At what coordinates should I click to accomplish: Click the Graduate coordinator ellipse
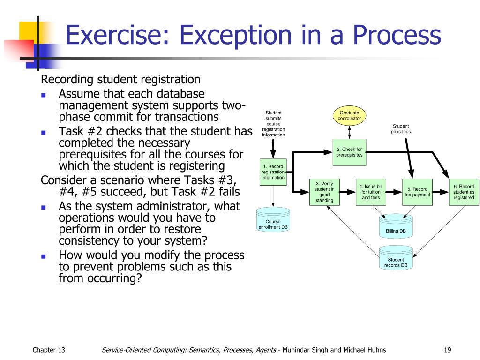(349, 116)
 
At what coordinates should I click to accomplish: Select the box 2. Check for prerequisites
(349, 152)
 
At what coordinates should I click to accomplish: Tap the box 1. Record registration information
(273, 172)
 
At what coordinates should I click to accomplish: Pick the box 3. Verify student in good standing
(324, 192)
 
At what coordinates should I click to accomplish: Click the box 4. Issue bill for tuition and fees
(371, 192)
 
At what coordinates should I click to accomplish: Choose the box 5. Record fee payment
(417, 192)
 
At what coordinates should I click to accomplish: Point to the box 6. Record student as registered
(464, 192)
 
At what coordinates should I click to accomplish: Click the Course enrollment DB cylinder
(273, 221)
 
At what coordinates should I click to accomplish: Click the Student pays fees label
(401, 129)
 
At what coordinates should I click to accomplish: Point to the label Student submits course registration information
(273, 124)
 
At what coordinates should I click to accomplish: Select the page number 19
(447, 350)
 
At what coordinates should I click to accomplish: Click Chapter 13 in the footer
(49, 350)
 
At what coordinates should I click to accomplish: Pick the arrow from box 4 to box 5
(393, 192)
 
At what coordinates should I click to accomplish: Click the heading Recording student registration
(121, 79)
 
